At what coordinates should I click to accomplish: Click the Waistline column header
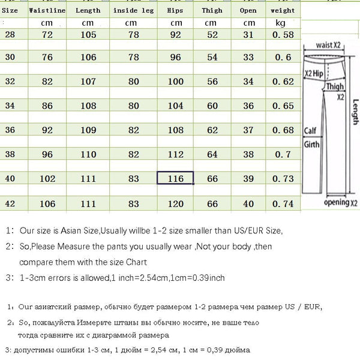click(43, 10)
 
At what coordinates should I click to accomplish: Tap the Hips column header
click(175, 10)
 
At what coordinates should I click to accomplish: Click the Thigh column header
click(212, 10)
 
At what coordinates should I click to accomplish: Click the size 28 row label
click(10, 35)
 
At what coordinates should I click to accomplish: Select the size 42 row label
click(10, 203)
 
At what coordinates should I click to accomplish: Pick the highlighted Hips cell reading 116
click(175, 178)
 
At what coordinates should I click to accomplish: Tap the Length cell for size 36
click(88, 130)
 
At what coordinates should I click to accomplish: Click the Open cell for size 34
click(247, 106)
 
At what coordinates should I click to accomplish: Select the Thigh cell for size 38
click(212, 154)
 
